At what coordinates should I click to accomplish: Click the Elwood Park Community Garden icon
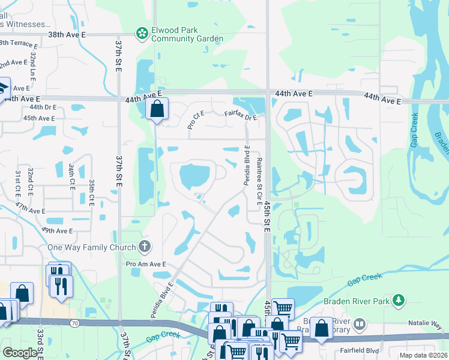142,34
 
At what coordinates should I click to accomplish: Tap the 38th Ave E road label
67,35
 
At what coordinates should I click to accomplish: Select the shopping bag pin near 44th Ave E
156,110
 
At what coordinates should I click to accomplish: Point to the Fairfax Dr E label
241,115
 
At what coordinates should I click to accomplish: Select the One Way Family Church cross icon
144,245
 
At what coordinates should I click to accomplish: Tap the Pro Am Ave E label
145,263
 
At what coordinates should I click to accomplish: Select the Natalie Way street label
426,324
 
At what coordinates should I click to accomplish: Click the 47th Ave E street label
31,211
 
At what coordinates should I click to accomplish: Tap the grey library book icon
360,325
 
